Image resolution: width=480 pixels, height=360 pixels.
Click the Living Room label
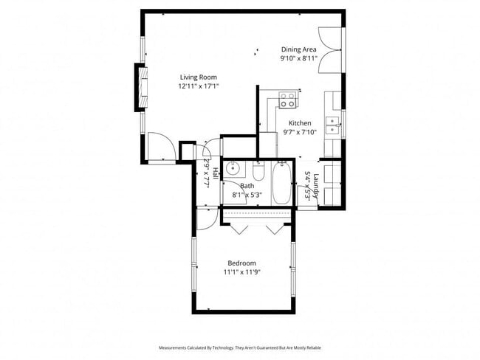coord(198,77)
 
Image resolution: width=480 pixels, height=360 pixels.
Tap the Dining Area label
coord(298,49)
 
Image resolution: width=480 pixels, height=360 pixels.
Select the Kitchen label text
coord(299,123)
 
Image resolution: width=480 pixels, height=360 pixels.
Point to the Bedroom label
coord(241,263)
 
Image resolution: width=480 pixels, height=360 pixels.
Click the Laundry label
coord(315,184)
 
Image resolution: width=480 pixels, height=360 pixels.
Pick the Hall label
coord(215,174)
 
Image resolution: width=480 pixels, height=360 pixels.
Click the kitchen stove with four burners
coord(288,100)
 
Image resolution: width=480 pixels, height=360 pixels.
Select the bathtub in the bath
coord(282,184)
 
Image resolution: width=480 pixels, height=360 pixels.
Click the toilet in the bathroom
coord(258,168)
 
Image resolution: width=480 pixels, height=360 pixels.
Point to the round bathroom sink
coord(232,168)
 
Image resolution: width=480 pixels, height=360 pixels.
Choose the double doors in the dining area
coord(330,49)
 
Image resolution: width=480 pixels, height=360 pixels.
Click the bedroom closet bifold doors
coord(258,226)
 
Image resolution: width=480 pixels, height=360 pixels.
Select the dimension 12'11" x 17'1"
coord(198,86)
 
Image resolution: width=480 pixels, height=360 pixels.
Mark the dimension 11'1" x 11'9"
coord(241,272)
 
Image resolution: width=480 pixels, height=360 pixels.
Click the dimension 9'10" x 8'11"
coord(298,58)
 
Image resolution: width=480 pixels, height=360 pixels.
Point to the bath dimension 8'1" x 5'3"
coord(247,195)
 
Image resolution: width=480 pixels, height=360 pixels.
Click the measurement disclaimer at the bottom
coord(240,347)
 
